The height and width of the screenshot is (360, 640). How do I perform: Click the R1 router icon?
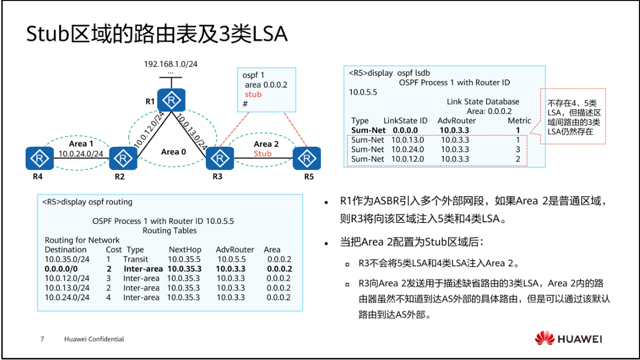(x=171, y=100)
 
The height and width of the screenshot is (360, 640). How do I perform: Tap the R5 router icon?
(x=307, y=158)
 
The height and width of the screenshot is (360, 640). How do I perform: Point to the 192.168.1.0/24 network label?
(x=171, y=64)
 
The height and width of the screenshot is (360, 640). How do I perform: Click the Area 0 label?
(x=173, y=152)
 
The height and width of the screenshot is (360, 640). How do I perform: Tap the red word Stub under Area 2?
(x=262, y=154)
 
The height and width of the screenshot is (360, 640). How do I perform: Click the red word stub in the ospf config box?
(x=253, y=94)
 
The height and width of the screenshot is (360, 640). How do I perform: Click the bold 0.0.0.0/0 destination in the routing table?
(x=62, y=269)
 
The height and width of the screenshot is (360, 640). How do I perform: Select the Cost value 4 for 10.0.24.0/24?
(x=108, y=298)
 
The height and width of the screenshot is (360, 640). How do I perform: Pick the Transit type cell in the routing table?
(x=135, y=259)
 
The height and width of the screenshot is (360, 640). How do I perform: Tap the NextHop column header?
(x=185, y=250)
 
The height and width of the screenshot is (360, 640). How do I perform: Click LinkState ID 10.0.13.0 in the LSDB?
(x=407, y=140)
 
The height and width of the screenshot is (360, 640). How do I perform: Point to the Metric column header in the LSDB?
(x=519, y=121)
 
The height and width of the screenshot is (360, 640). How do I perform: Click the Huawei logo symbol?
(x=545, y=338)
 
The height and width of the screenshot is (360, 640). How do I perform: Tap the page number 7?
(x=43, y=339)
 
